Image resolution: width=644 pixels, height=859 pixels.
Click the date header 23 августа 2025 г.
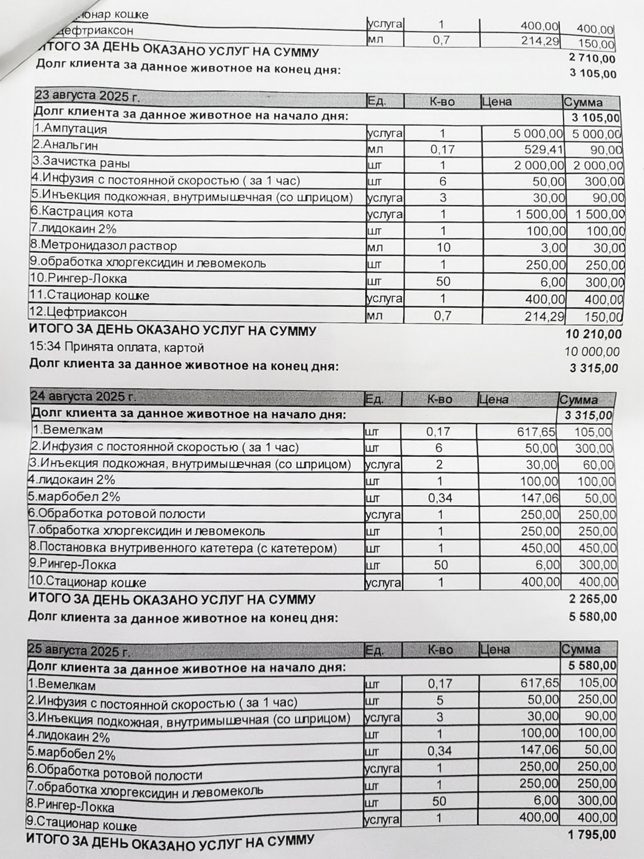pyautogui.click(x=87, y=96)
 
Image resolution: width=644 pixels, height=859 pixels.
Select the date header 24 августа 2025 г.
pyautogui.click(x=84, y=396)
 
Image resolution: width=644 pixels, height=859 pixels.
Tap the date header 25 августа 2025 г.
pyautogui.click(x=79, y=650)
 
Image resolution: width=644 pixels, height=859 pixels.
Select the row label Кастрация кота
pyautogui.click(x=82, y=212)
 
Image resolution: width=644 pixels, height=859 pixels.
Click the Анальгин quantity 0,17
pyautogui.click(x=442, y=149)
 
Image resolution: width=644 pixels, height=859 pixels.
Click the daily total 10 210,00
pyautogui.click(x=593, y=334)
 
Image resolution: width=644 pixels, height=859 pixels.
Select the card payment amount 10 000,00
pyautogui.click(x=591, y=352)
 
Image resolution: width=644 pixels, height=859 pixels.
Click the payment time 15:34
pyautogui.click(x=45, y=347)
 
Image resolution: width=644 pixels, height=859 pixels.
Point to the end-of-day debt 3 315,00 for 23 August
pyautogui.click(x=593, y=368)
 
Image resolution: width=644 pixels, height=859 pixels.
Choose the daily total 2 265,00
pyautogui.click(x=592, y=599)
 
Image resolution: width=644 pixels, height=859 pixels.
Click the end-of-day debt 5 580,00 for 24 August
pyautogui.click(x=592, y=617)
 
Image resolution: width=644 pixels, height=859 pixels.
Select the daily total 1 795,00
pyautogui.click(x=591, y=835)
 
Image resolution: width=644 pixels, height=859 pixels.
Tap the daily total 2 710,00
pyautogui.click(x=592, y=59)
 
